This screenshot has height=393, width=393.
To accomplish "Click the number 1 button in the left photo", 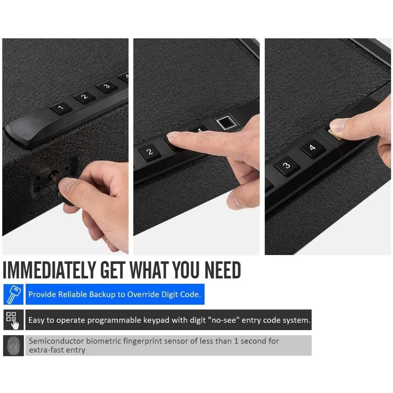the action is coord(61,108).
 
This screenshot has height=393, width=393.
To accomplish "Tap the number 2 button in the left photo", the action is coord(84,97).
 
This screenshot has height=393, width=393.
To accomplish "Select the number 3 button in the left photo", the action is coord(107,86).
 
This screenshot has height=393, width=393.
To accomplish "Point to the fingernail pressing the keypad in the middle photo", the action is coord(173,136).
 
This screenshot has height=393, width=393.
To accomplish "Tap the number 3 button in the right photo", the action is coord(286,165).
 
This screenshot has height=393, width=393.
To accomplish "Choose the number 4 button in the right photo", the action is coord(312,148).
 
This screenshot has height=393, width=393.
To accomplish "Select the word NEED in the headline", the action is coord(222,270).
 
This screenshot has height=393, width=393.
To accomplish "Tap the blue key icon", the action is coord(13,294).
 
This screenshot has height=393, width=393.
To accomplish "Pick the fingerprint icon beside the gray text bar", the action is coord(13,345).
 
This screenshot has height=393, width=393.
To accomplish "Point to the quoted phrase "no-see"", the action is coord(224,320).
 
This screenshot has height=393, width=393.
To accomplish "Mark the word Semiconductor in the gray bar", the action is coord(56,341).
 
